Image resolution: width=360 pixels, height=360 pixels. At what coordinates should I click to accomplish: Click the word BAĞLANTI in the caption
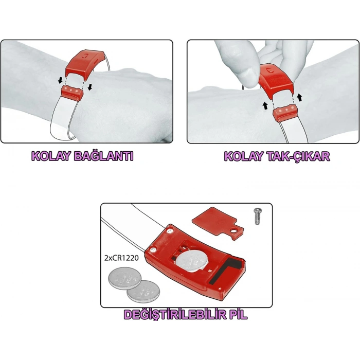tap(104, 156)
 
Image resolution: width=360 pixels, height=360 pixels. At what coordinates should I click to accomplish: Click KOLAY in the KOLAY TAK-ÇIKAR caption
tap(243, 156)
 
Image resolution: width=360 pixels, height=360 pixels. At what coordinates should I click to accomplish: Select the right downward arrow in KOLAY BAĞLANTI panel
tap(91, 86)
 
